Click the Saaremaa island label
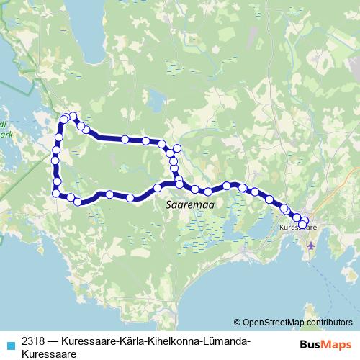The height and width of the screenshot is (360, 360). (x=191, y=204)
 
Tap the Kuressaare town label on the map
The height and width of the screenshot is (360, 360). (x=298, y=228)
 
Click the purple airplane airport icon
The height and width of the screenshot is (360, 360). (x=311, y=246)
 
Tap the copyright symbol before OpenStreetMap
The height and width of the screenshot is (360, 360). (x=238, y=323)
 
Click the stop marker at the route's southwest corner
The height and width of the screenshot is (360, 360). (x=56, y=192)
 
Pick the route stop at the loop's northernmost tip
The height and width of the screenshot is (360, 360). (x=73, y=116)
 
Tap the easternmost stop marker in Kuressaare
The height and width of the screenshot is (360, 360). (x=305, y=222)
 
